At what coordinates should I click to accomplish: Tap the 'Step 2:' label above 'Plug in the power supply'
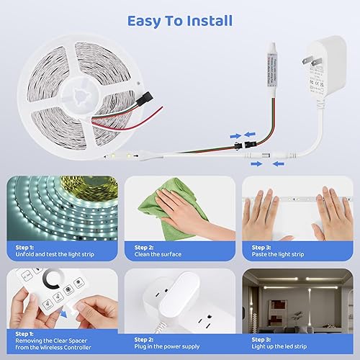[x=140, y=338]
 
